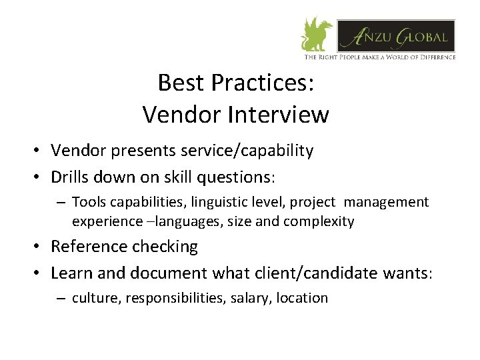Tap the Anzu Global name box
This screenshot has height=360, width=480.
point(396,36)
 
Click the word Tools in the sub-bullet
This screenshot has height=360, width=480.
point(87,201)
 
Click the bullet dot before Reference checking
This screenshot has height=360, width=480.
point(40,247)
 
